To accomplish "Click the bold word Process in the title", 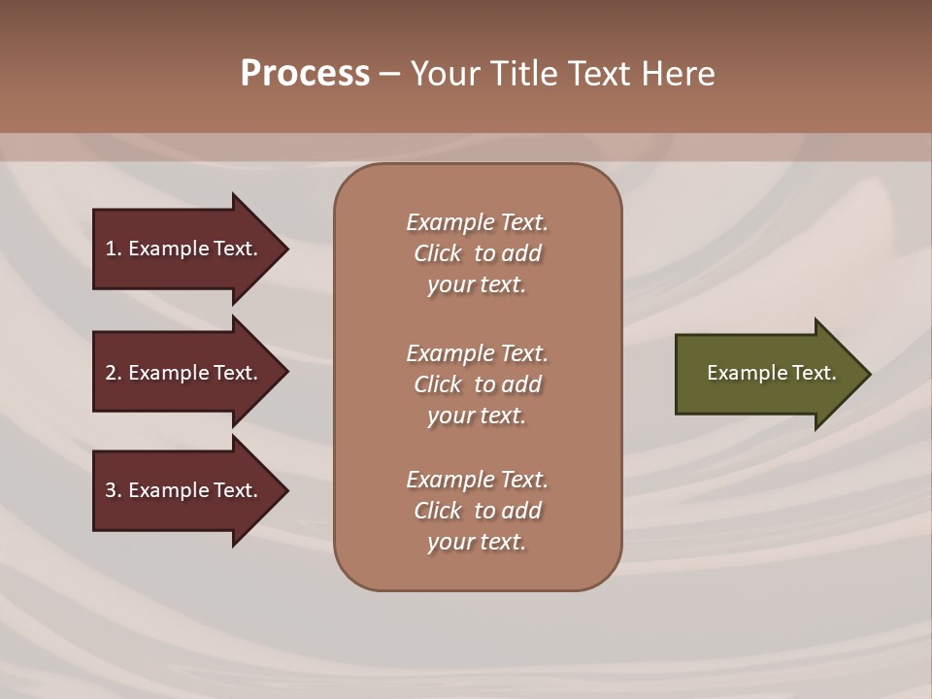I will click(305, 74).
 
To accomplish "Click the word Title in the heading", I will click(528, 74).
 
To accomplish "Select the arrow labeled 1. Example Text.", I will click(184, 249).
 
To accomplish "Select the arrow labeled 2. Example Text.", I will click(184, 373).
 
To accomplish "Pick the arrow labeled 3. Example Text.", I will click(184, 490).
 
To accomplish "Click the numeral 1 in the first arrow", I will click(111, 249).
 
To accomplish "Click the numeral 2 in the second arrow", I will click(111, 373).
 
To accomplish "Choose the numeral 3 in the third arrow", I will click(111, 490).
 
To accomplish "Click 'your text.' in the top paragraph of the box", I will click(477, 285).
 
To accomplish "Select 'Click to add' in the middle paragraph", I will click(477, 384).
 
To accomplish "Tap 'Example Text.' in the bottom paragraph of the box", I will click(477, 480).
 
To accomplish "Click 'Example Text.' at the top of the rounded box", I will click(477, 222).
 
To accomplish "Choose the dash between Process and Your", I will click(389, 75).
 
